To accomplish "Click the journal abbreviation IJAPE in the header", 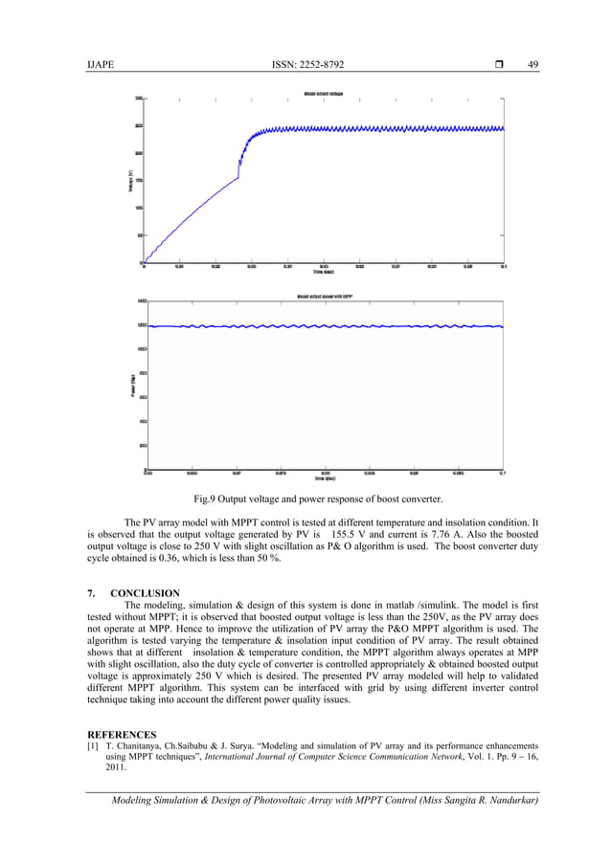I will pyautogui.click(x=98, y=64).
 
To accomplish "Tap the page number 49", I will pyautogui.click(x=533, y=64).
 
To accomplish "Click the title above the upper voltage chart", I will pyautogui.click(x=324, y=94).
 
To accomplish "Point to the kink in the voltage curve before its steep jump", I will pyautogui.click(x=238, y=177).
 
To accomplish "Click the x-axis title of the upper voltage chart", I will pyautogui.click(x=324, y=272).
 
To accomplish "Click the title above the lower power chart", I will pyautogui.click(x=324, y=297).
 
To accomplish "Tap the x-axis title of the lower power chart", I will pyautogui.click(x=324, y=477).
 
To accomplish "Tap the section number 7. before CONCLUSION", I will pyautogui.click(x=91, y=593).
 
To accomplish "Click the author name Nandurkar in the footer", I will pyautogui.click(x=506, y=800).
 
